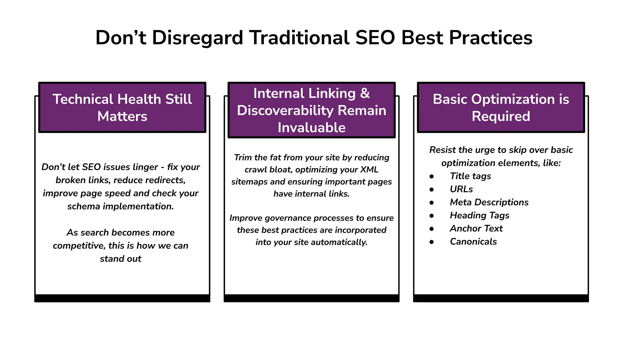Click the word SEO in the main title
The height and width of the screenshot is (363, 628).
tap(375, 38)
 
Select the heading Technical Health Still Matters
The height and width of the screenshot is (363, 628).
tap(122, 107)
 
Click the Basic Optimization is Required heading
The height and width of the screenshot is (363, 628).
tap(501, 107)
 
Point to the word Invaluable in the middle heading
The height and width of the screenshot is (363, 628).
tap(312, 127)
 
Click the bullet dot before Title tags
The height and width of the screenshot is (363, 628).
tap(432, 176)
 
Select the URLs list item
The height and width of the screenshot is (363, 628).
tap(461, 189)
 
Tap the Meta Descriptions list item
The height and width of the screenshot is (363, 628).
tap(489, 202)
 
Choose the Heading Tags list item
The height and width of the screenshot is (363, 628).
tap(479, 216)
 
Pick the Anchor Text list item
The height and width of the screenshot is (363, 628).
tap(476, 228)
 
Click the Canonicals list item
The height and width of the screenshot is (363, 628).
tap(473, 242)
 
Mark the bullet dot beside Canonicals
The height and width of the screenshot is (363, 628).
tap(432, 242)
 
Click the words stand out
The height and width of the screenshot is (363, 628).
tap(121, 259)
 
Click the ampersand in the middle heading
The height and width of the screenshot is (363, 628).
tap(365, 93)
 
